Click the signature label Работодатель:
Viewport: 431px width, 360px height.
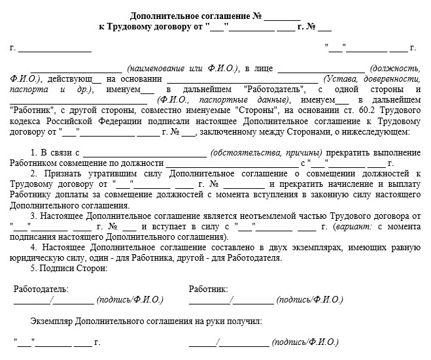tap(41, 289)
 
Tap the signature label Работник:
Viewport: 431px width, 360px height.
tap(208, 289)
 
